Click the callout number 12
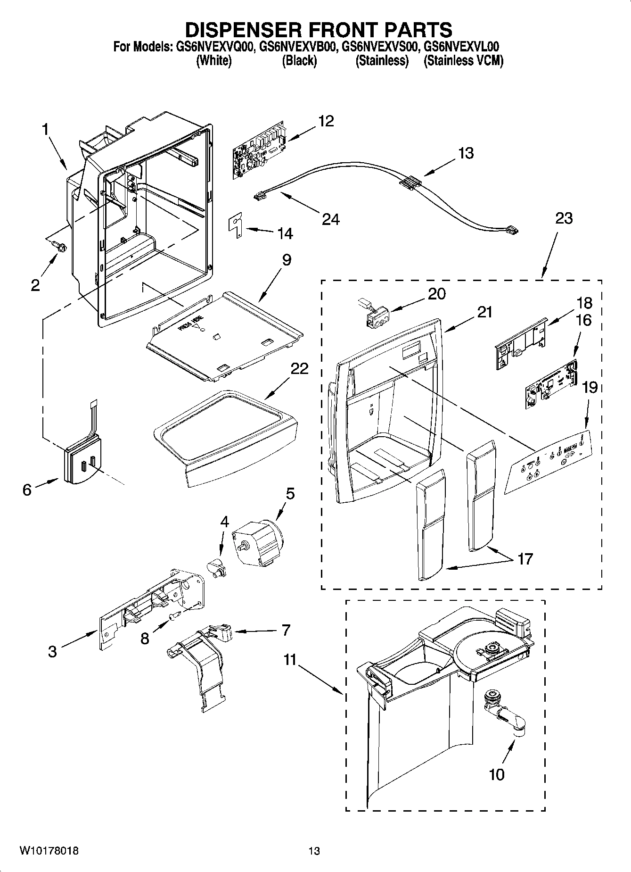(x=326, y=121)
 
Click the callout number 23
(x=564, y=218)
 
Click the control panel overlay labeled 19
(x=549, y=461)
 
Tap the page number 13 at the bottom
(x=314, y=851)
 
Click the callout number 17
(x=525, y=559)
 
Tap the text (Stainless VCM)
(x=463, y=61)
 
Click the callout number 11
(x=290, y=659)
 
